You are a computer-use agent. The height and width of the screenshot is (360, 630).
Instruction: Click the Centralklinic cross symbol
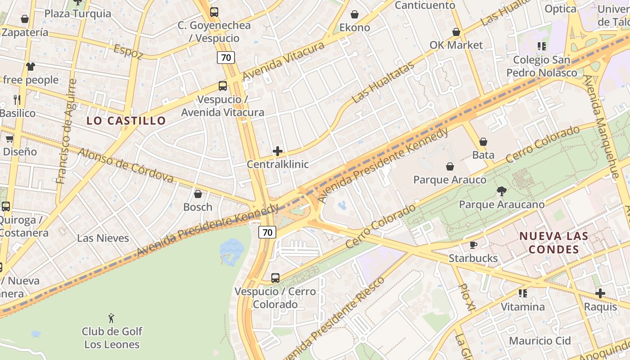278,151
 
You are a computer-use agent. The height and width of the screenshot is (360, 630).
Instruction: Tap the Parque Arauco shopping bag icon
450,167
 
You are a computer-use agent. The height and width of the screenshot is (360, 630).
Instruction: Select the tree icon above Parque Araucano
501,191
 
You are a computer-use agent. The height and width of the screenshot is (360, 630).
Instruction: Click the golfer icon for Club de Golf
111,318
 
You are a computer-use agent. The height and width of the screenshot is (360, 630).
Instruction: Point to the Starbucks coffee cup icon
473,245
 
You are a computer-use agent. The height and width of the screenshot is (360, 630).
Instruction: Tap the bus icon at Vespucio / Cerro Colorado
275,278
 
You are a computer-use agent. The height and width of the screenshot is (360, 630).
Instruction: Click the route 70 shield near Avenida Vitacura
226,58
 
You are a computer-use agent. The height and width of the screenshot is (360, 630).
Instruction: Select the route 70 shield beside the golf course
267,232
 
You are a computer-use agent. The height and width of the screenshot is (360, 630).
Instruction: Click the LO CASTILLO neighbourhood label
126,121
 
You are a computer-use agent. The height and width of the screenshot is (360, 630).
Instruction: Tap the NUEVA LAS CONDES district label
553,243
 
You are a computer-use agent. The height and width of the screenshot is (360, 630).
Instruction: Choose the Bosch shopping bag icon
198,194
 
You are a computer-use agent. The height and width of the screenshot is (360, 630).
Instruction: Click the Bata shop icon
483,142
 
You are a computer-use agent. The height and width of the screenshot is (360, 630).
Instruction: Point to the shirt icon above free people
30,67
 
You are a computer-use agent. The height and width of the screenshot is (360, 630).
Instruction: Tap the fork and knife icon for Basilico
17,99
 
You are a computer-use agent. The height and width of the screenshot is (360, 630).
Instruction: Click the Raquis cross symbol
600,293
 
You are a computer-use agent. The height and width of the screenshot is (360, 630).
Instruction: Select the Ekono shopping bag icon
355,14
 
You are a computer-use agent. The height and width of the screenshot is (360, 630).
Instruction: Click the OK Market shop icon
456,32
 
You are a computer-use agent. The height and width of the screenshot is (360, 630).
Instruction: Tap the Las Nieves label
103,238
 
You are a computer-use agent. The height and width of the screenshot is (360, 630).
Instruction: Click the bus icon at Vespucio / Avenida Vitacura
222,85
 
